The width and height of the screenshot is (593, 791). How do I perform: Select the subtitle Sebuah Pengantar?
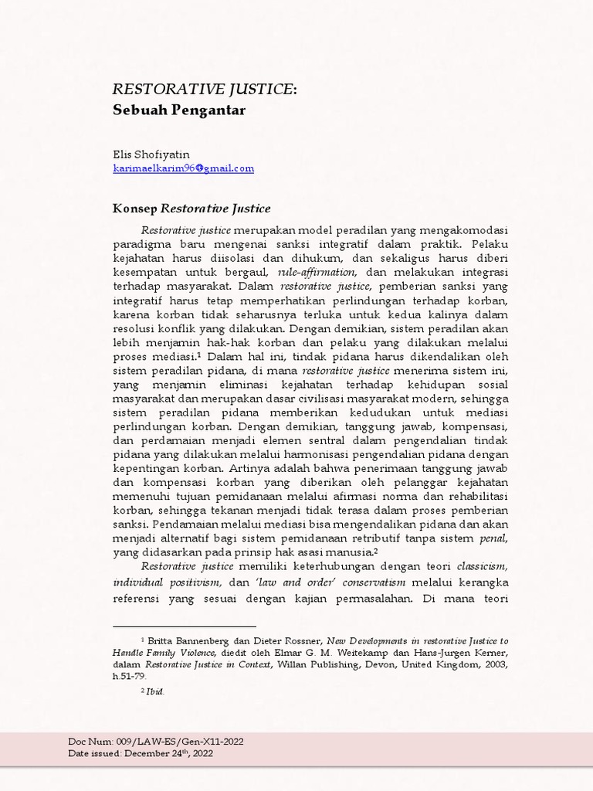[179, 110]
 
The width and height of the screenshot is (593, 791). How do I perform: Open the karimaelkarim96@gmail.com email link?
[183, 168]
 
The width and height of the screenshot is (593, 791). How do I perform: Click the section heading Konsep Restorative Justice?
[191, 209]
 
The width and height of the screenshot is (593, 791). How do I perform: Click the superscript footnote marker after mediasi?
[198, 355]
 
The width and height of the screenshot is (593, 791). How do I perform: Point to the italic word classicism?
[482, 565]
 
